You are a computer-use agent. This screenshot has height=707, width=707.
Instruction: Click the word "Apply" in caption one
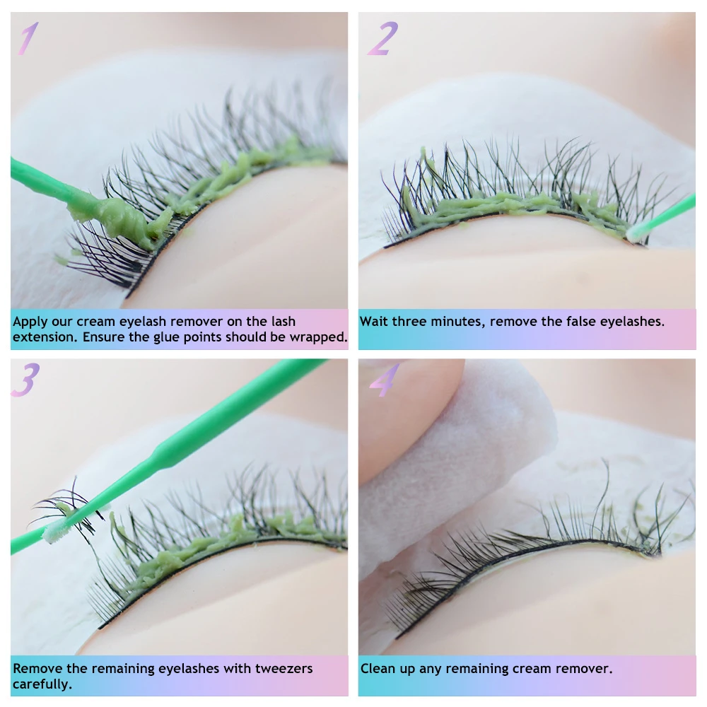pyautogui.click(x=30, y=322)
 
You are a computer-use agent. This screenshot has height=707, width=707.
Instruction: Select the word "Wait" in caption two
pyautogui.click(x=374, y=322)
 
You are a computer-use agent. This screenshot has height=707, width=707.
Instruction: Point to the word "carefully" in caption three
pyautogui.click(x=42, y=684)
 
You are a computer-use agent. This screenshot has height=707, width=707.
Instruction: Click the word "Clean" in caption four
pyautogui.click(x=378, y=668)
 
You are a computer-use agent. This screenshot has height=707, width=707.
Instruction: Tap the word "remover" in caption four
pyautogui.click(x=586, y=668)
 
